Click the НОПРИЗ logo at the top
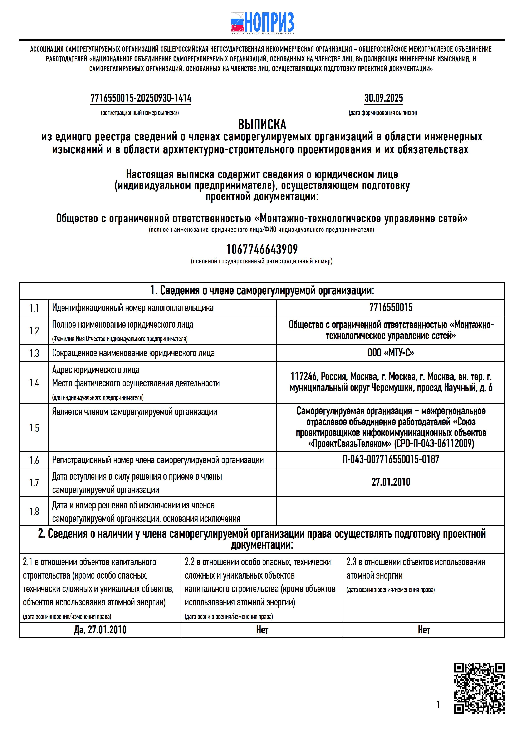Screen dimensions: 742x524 [262, 23]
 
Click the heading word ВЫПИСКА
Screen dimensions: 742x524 [262, 124]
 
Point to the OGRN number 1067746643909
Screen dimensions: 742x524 [262, 249]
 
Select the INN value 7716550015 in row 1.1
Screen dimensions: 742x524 [391, 307]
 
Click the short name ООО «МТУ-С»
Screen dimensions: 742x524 [391, 353]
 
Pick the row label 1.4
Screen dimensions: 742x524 [34, 383]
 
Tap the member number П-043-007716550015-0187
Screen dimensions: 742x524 [391, 459]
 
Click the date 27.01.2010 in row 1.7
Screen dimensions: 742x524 [391, 482]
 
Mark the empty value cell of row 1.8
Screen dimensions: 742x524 [391, 511]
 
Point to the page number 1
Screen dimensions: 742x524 [438, 704]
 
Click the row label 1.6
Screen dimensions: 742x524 [34, 460]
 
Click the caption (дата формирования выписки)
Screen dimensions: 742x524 [383, 113]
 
